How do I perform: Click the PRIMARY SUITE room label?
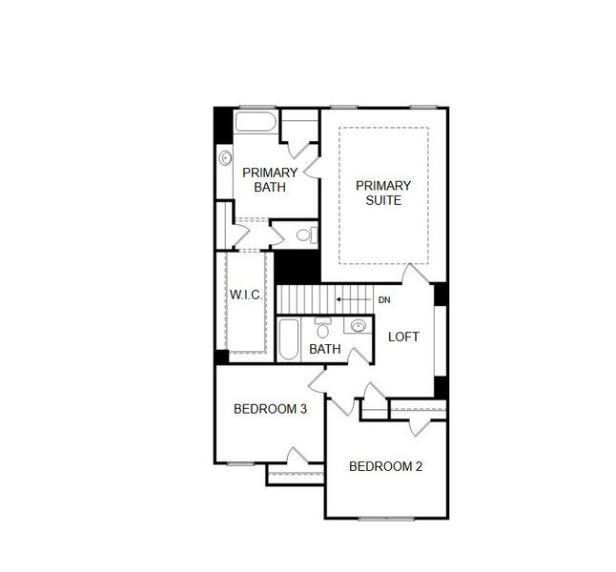(x=384, y=193)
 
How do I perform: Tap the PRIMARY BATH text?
(x=269, y=179)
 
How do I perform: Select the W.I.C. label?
(x=245, y=295)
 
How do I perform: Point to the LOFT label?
(x=403, y=337)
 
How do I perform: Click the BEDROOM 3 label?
(x=270, y=409)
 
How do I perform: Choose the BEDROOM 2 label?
(x=385, y=466)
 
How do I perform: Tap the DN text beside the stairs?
(x=384, y=300)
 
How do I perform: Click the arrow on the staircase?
(x=353, y=300)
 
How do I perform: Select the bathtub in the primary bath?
(x=255, y=122)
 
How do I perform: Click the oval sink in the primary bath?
(x=226, y=158)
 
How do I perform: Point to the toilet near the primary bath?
(x=306, y=235)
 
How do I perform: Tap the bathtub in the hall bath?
(x=289, y=339)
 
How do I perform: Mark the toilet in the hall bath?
(x=322, y=329)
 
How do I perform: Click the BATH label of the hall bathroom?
(x=325, y=350)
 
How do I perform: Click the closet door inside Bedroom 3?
(x=297, y=458)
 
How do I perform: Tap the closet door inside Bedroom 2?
(x=417, y=424)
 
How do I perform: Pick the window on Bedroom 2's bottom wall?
(x=386, y=518)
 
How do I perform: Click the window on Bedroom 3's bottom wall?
(x=240, y=463)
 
